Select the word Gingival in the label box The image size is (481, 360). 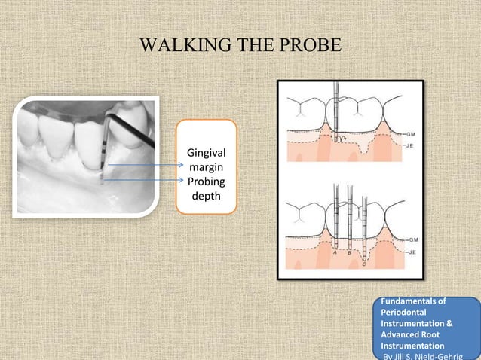(206, 154)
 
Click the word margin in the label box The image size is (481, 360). (206, 168)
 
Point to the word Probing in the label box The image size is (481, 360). (206, 182)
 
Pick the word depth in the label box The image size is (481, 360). (206, 195)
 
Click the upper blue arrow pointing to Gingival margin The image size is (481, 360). (143, 165)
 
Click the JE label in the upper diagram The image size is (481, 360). (413, 144)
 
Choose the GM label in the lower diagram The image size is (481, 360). (414, 240)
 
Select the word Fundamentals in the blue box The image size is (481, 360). (410, 301)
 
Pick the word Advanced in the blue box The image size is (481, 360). (403, 335)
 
